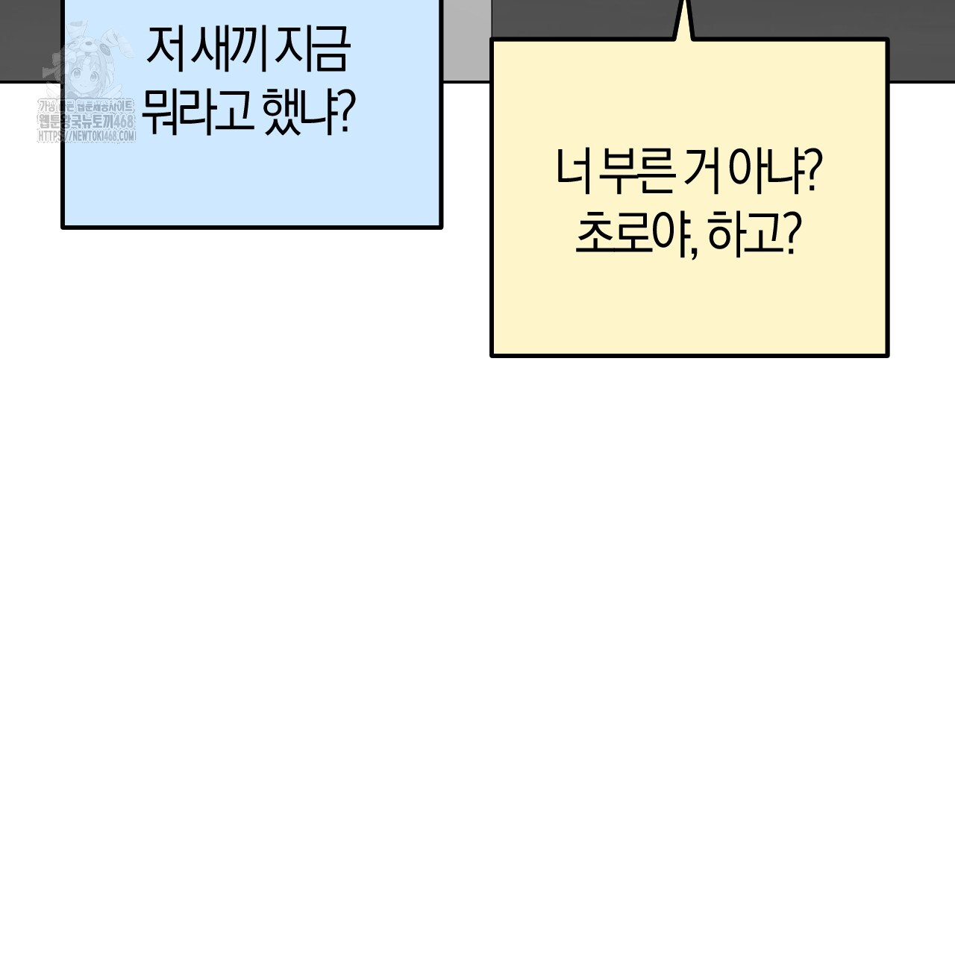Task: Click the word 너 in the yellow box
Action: [572, 173]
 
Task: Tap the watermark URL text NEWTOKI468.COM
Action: [87, 137]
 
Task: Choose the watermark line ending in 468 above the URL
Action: [87, 122]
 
